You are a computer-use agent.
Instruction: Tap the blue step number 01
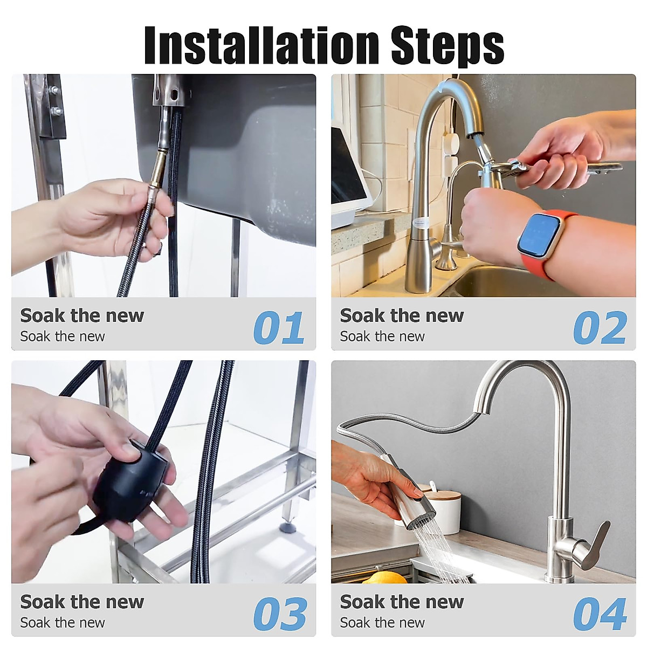pos(279,328)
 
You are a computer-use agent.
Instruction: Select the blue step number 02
pos(600,328)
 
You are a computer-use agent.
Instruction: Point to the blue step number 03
pos(280,614)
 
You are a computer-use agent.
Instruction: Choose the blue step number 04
pos(600,614)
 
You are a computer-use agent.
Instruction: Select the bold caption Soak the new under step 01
pos(82,315)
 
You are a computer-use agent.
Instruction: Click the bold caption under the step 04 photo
pos(402,601)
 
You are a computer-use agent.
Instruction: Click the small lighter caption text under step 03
pos(63,623)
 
